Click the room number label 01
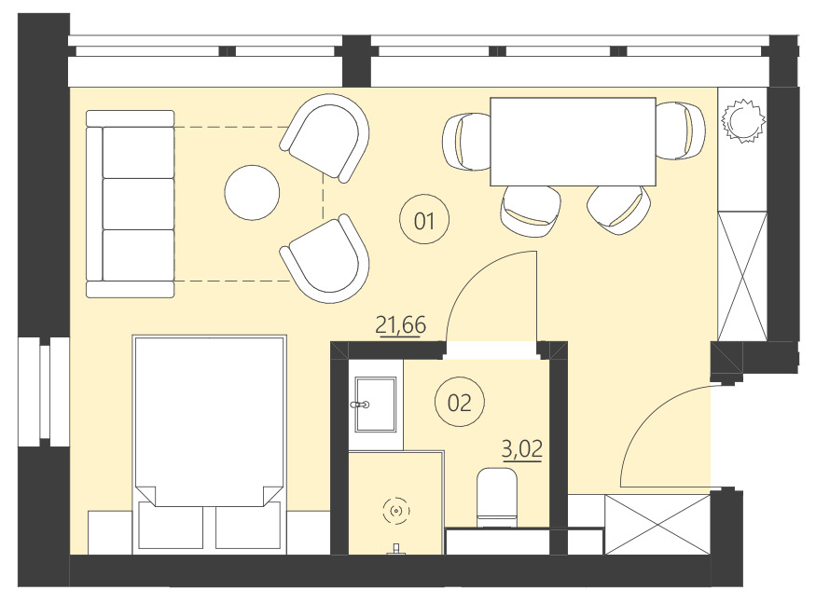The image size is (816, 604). coord(424,221)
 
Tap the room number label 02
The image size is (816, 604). coord(460,403)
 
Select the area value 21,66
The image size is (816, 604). coord(400,325)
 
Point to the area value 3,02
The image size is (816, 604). coord(522,450)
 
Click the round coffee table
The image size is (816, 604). coord(252,192)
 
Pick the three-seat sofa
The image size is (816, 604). coord(131,203)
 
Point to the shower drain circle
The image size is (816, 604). coord(397,510)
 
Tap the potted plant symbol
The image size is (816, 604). coord(744,119)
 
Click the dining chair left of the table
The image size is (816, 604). coord(467,141)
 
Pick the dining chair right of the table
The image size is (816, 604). coord(679,131)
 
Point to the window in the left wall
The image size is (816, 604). coord(43,391)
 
